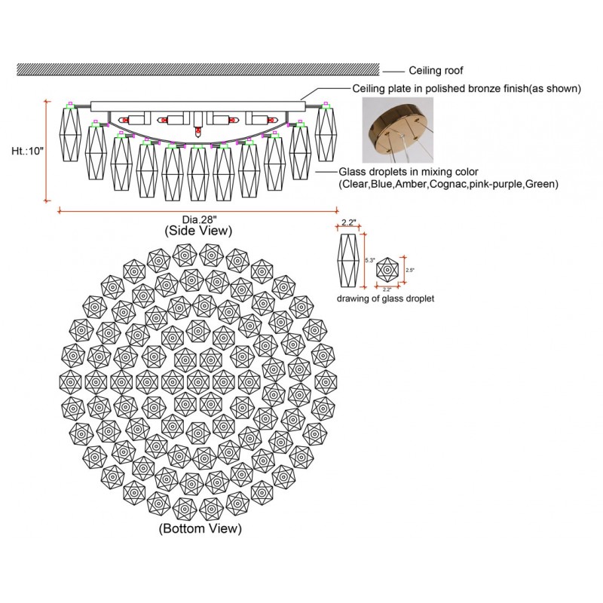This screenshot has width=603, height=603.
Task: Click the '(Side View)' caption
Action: coord(198,231)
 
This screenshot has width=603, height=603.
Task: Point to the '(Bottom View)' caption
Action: coord(200,529)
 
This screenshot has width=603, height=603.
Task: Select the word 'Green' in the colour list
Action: coord(541,184)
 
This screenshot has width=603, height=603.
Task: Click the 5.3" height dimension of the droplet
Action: coord(369,260)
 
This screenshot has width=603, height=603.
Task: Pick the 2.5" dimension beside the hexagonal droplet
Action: coord(410,269)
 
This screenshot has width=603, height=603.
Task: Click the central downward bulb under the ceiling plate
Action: coord(197,131)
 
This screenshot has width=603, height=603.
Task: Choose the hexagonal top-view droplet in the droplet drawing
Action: coord(387,268)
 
